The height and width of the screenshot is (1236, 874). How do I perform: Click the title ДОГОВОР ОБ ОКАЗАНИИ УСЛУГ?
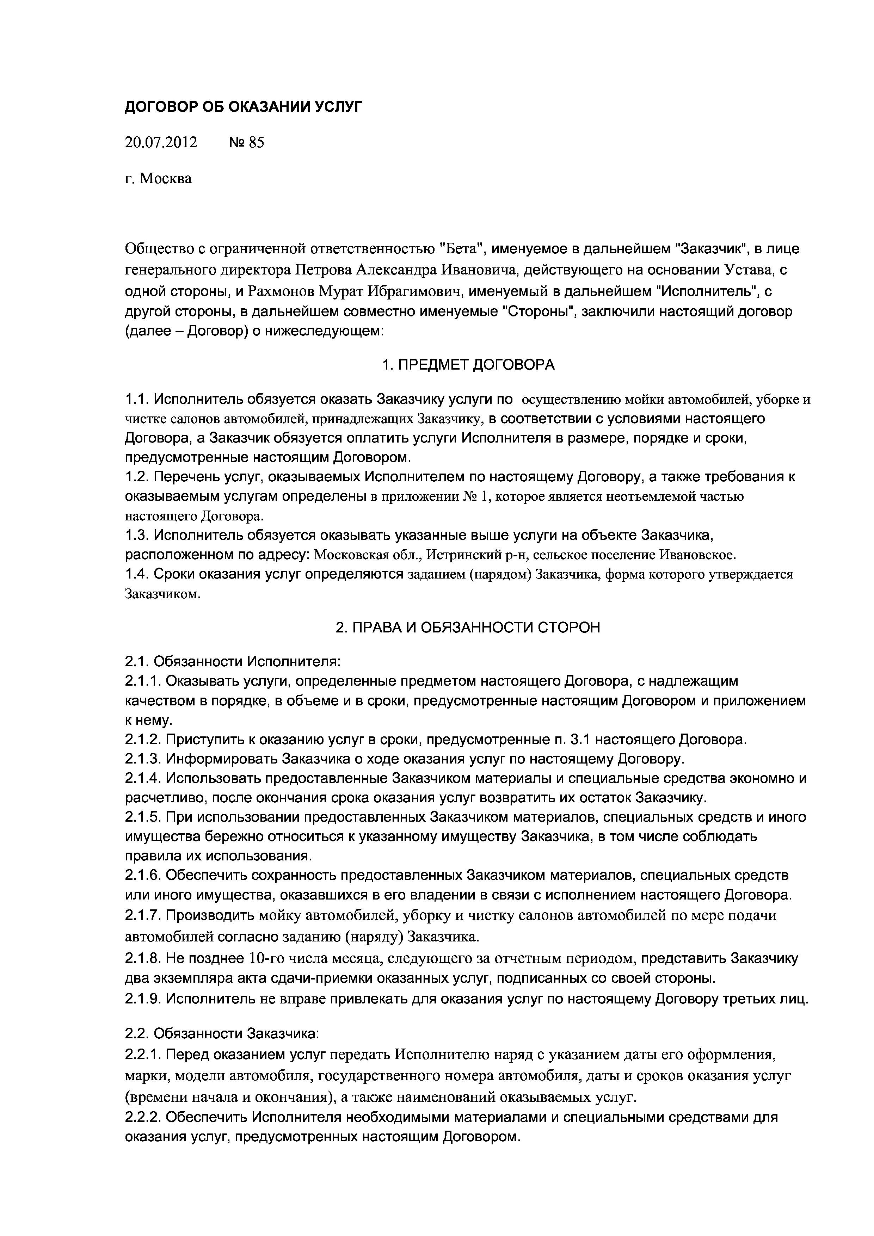(x=244, y=107)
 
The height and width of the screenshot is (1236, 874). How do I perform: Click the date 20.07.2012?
(x=161, y=142)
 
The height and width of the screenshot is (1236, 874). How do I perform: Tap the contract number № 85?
(x=247, y=142)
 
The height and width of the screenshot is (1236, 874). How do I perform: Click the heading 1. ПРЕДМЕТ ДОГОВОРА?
(x=468, y=365)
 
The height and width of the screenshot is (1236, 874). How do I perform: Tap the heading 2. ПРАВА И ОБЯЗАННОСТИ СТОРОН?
(x=467, y=627)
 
